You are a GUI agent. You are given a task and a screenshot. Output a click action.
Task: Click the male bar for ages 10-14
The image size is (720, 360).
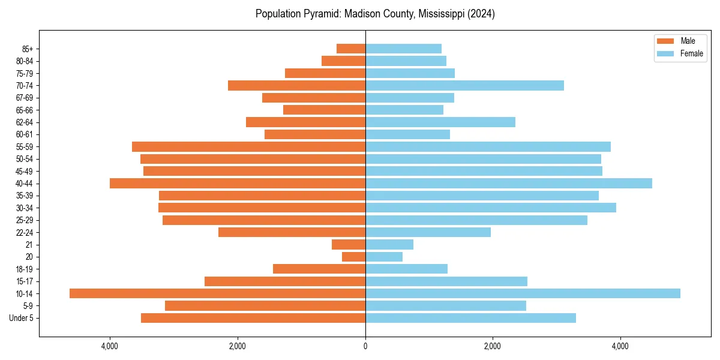tap(217, 293)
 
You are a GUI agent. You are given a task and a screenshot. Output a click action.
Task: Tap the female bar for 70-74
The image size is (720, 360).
tap(464, 85)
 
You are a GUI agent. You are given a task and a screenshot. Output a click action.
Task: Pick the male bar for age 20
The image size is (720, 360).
tap(353, 257)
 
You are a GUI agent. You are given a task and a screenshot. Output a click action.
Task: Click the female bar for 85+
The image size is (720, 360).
tap(403, 49)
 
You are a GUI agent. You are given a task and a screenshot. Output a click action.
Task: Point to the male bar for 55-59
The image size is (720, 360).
tap(248, 146)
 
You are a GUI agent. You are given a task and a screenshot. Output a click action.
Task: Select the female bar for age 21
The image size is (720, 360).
tap(389, 244)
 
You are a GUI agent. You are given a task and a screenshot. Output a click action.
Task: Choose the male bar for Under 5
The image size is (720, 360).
tap(253, 318)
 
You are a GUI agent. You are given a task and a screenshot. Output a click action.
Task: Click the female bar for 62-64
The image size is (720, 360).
tap(440, 122)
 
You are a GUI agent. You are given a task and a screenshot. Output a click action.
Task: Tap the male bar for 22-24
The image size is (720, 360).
tap(292, 232)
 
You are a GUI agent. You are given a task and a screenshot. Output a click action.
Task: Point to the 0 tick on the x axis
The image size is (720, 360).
tap(365, 346)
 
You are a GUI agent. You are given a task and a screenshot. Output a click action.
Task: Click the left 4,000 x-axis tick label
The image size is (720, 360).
tap(110, 346)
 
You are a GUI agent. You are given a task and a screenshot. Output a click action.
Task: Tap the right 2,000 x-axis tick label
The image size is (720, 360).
tap(493, 346)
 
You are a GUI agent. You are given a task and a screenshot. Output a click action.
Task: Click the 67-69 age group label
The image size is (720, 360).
tap(25, 98)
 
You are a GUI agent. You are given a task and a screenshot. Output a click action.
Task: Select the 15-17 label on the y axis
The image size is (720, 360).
tap(25, 281)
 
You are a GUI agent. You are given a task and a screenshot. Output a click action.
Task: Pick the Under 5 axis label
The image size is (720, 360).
tap(21, 318)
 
